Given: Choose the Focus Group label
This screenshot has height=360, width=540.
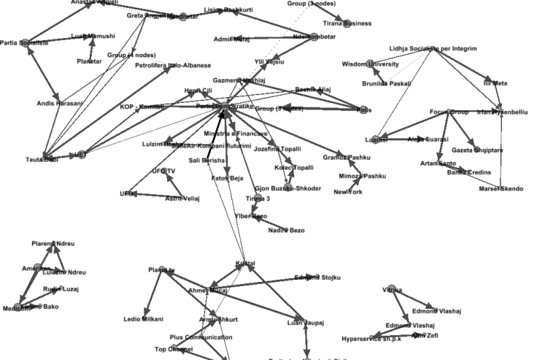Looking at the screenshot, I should tap(449, 112).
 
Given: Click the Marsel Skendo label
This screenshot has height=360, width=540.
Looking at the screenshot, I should tap(501, 189).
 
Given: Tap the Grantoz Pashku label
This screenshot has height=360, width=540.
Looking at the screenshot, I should tap(347, 158).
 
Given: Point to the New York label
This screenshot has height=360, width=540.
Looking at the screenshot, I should tap(348, 192).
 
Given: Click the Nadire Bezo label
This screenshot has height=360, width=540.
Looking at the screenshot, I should tap(287, 230).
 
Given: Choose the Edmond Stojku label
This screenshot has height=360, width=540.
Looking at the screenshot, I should tap(317, 277).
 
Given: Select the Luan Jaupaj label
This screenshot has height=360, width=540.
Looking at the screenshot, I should tap(305, 322).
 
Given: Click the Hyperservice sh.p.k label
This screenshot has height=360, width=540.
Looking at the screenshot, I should tap(371, 339).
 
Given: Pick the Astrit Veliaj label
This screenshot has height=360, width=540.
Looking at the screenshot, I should tap(182, 198).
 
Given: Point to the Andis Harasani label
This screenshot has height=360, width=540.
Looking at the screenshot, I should tap(60, 104).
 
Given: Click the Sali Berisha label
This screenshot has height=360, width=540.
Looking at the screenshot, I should tap(207, 160).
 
